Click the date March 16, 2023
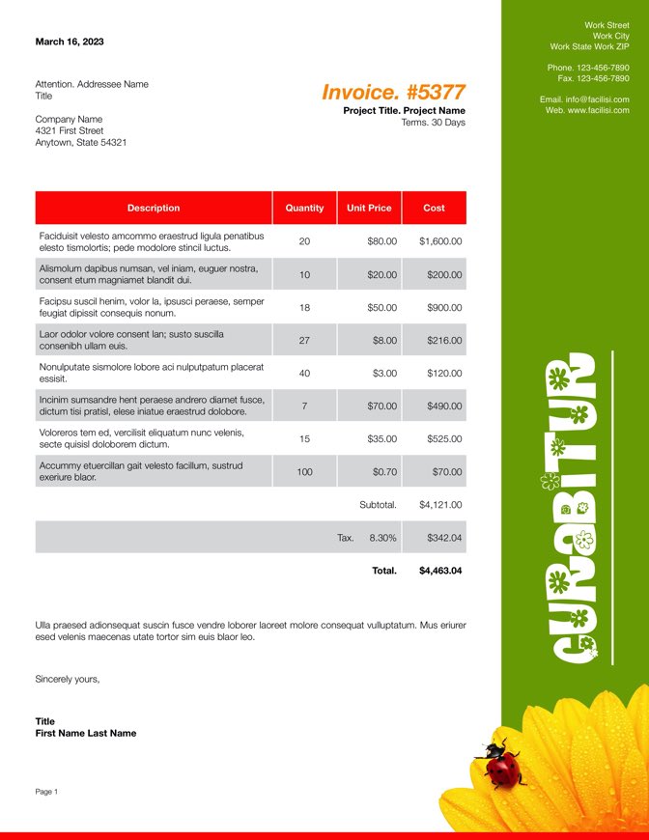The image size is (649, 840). (70, 42)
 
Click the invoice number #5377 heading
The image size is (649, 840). (393, 93)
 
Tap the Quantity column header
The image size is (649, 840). (304, 208)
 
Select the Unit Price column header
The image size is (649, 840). (369, 208)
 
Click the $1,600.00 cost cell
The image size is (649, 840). (440, 241)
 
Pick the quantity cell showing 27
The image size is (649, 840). (304, 340)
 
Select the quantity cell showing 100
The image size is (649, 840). (304, 471)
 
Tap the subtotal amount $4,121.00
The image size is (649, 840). (440, 504)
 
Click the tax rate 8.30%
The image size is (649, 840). (382, 538)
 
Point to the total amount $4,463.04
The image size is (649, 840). (440, 571)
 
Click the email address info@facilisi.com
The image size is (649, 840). (597, 99)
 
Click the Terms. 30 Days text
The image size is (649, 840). (433, 123)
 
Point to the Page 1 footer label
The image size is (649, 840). (46, 792)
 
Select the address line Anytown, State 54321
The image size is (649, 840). (80, 142)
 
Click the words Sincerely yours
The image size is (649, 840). (67, 679)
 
